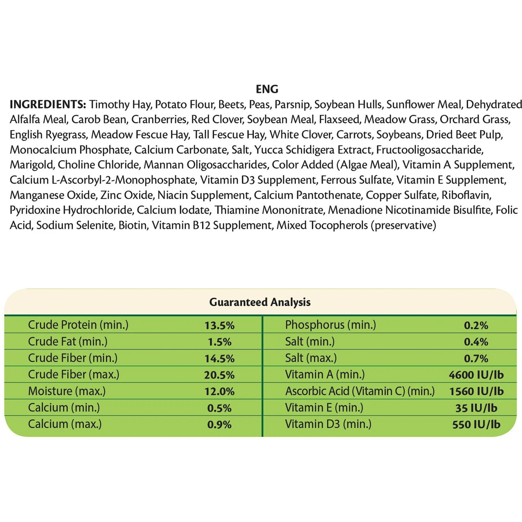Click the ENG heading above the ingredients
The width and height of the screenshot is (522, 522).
(x=267, y=89)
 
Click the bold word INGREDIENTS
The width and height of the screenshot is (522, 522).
(x=48, y=104)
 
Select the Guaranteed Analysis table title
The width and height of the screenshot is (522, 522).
(x=260, y=302)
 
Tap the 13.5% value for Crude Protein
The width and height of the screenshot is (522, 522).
(x=219, y=325)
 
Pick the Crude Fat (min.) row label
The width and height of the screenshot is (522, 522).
(x=68, y=341)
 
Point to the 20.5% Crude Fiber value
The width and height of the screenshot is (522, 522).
(x=219, y=375)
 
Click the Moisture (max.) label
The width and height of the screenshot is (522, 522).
(x=67, y=391)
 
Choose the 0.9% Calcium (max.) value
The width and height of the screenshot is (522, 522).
(x=219, y=425)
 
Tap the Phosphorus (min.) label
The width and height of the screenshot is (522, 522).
(x=331, y=325)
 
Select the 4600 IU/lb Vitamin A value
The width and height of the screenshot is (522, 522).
(x=476, y=375)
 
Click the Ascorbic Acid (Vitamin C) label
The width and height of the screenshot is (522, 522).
(x=360, y=391)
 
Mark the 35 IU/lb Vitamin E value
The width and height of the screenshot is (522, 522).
(x=476, y=408)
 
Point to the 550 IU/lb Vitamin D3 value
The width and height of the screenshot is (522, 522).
(x=476, y=425)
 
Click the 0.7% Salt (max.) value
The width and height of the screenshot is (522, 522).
(x=476, y=358)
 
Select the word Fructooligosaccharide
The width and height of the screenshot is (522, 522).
(x=429, y=150)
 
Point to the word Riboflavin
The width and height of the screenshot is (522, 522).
(x=466, y=195)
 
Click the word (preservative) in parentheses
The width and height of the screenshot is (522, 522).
(x=403, y=225)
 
